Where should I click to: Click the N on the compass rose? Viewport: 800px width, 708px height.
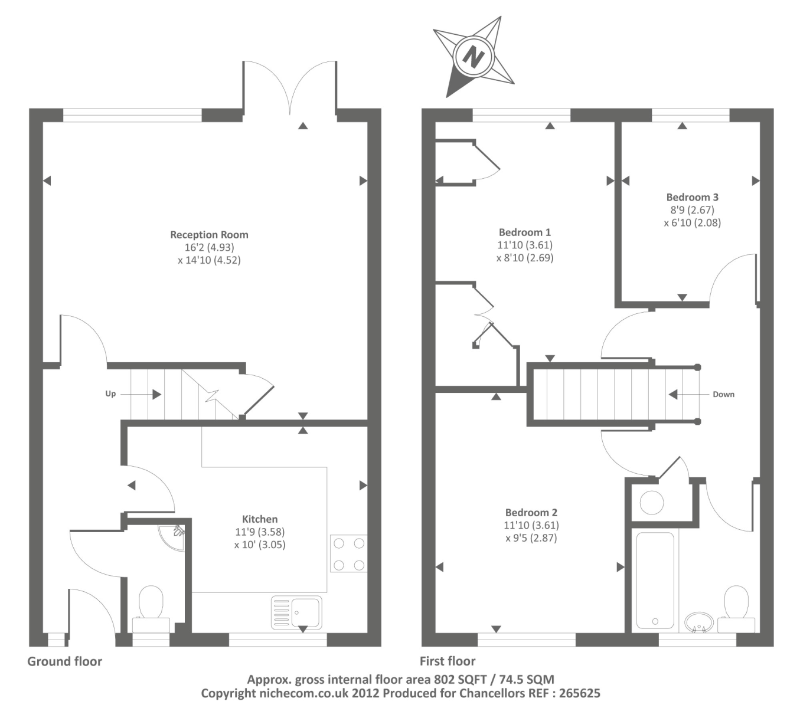click(x=473, y=57)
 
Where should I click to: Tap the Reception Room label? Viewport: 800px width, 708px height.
click(x=209, y=235)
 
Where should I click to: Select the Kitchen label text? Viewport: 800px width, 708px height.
click(x=260, y=519)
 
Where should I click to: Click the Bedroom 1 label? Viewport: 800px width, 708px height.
click(x=525, y=232)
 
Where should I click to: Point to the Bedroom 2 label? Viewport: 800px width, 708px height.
click(x=531, y=513)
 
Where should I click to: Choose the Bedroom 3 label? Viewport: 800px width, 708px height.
click(x=692, y=197)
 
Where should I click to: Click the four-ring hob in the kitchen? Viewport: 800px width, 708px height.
click(x=348, y=553)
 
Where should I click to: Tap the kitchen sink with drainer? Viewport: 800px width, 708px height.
click(x=296, y=612)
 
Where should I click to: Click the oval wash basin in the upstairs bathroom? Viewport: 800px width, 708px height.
click(x=700, y=622)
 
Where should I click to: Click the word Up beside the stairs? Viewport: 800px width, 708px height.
click(x=110, y=394)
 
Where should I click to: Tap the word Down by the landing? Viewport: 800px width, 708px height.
click(x=723, y=394)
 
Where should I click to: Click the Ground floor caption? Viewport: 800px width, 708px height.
click(x=65, y=661)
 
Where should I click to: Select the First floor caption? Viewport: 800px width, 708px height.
click(x=448, y=661)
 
